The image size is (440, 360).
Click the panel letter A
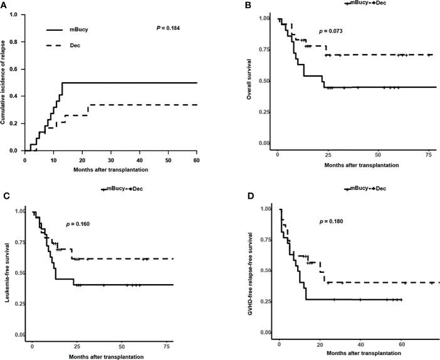4,6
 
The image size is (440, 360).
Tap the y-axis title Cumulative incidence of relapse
5,81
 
